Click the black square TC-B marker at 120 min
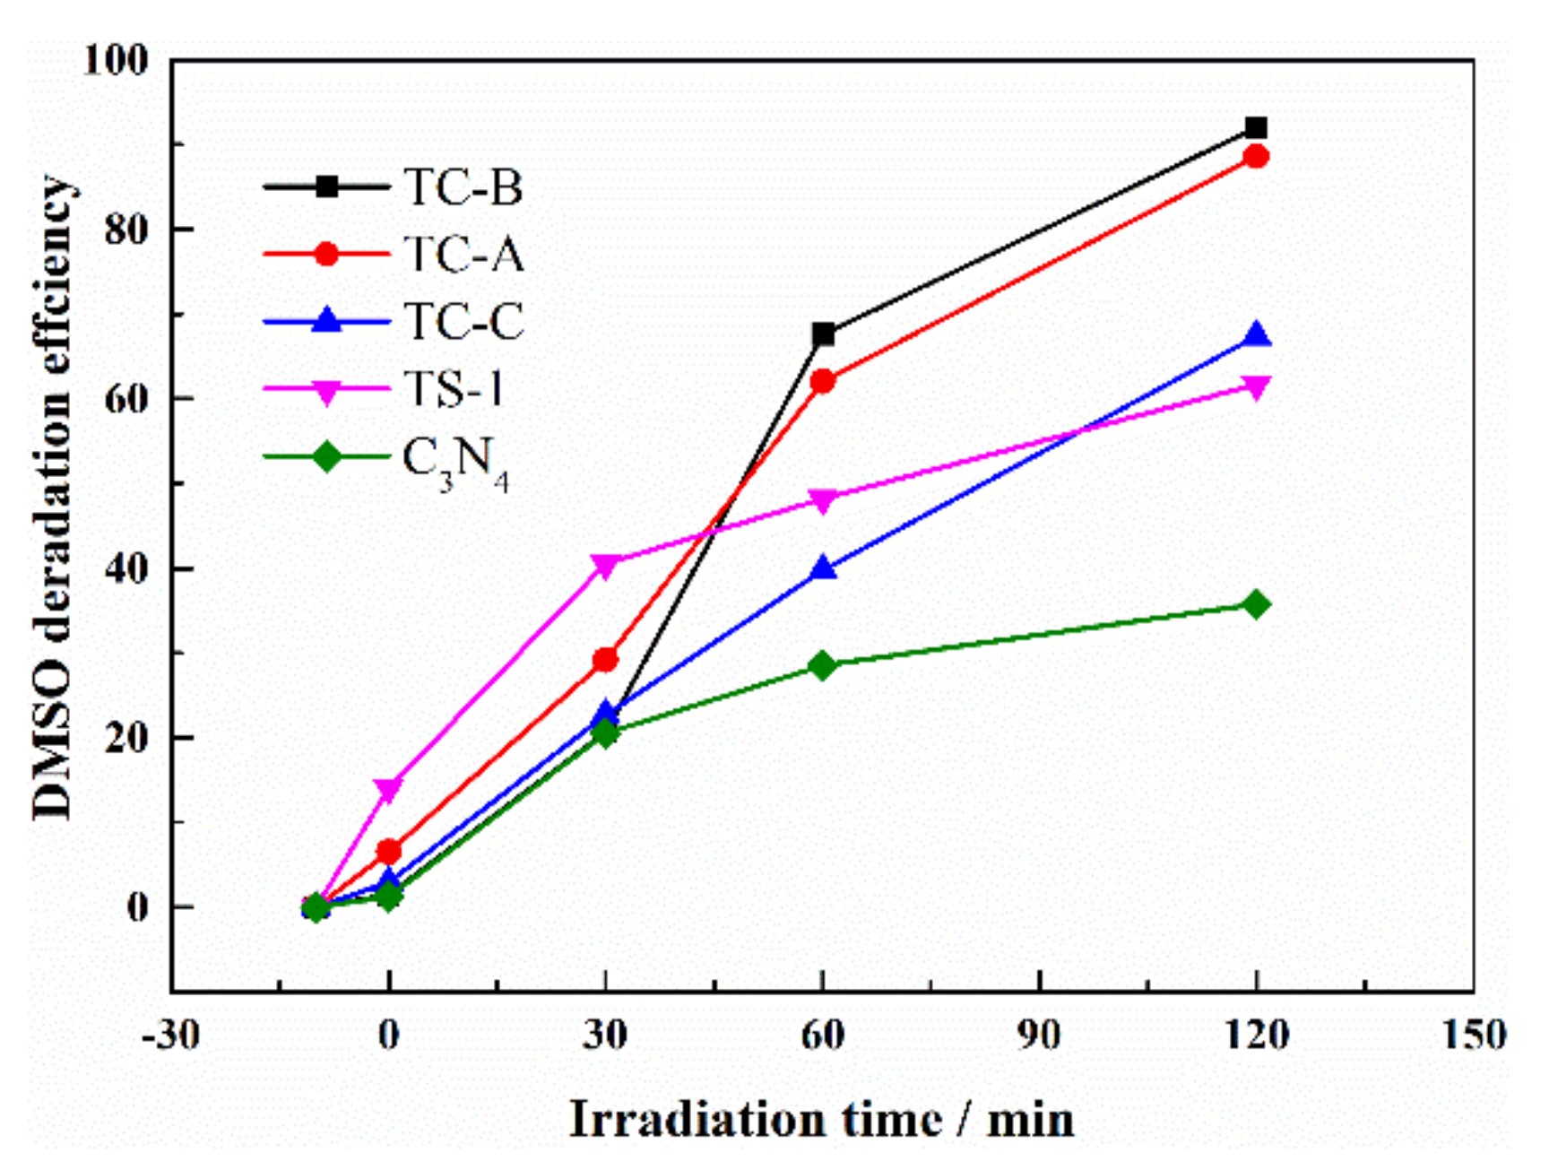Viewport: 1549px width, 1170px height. [1256, 128]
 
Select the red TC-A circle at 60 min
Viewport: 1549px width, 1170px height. [822, 382]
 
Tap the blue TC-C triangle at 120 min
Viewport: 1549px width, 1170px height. [1256, 335]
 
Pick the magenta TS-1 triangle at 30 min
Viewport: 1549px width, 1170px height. [605, 566]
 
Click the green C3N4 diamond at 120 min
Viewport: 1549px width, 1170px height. [1256, 604]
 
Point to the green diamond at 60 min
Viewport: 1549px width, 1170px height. [822, 665]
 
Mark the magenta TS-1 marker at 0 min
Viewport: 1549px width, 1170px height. [388, 790]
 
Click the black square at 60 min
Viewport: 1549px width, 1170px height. [822, 334]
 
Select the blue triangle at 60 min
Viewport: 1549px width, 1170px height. [822, 568]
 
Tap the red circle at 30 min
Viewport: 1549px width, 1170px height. [605, 661]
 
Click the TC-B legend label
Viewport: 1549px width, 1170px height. [463, 187]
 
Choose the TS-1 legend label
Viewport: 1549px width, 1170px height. [453, 389]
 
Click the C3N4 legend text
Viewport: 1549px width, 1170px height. [455, 461]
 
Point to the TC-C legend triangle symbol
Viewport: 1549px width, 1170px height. [327, 320]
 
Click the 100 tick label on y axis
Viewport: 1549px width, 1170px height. [115, 60]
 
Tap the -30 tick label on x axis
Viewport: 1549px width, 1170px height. [170, 1036]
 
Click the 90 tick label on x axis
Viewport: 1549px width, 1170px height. [1039, 1036]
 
